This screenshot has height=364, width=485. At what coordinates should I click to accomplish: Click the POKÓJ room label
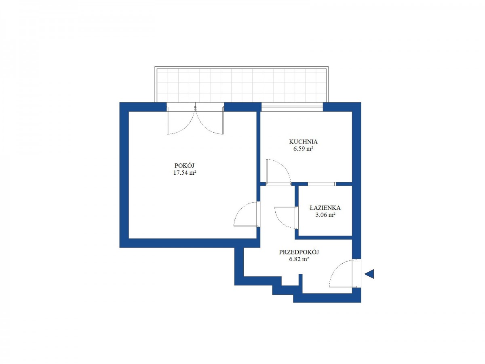[184, 165]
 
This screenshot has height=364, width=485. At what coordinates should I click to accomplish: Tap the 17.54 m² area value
[185, 173]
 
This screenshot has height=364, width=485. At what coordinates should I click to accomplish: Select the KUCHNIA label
[303, 142]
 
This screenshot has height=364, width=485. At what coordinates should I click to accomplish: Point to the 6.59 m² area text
[303, 148]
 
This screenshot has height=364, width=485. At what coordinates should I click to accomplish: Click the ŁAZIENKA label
[325, 208]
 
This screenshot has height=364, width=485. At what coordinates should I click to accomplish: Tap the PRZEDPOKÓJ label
[299, 252]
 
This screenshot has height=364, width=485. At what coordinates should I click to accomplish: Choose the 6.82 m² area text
[299, 259]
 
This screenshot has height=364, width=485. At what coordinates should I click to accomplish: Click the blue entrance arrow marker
[369, 274]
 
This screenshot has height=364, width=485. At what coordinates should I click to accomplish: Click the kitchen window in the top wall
[292, 107]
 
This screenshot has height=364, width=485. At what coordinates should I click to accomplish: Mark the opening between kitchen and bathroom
[322, 184]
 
